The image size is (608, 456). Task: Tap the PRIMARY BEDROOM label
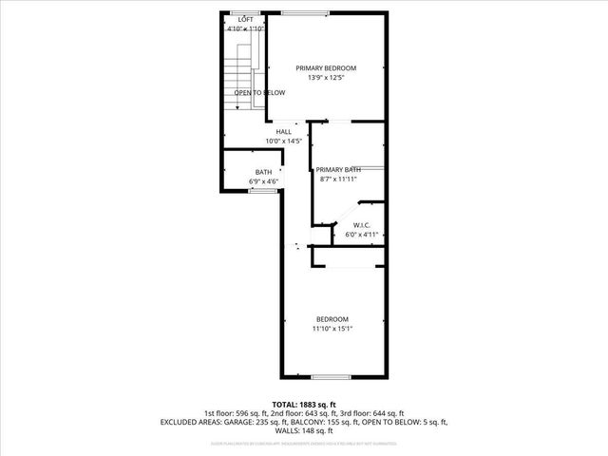click(x=325, y=67)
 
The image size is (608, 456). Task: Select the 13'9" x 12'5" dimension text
click(x=325, y=78)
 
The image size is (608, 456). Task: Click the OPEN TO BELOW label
click(x=259, y=92)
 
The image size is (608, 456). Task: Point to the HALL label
click(x=283, y=132)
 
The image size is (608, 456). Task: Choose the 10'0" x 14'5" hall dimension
click(x=283, y=142)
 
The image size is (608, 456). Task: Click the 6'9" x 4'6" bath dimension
click(x=263, y=181)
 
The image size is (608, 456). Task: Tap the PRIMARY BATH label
click(x=339, y=168)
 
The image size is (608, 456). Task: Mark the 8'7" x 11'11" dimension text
click(x=339, y=179)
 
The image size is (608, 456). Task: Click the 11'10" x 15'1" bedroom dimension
click(x=332, y=329)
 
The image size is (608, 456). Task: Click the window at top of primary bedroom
click(x=305, y=12)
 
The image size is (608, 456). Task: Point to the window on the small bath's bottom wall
click(x=263, y=191)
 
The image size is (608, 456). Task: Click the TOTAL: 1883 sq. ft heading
click(x=304, y=404)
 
